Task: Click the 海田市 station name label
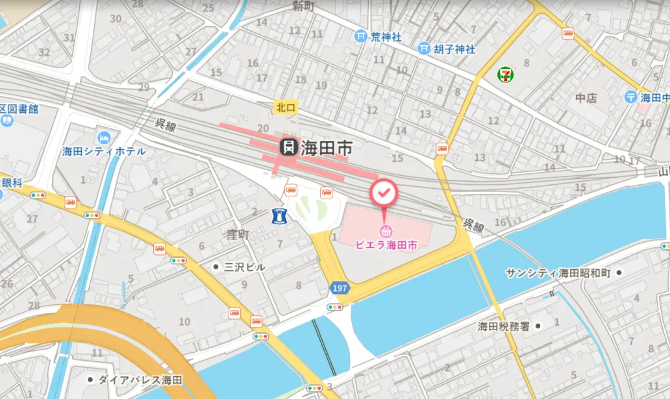pyautogui.click(x=327, y=148)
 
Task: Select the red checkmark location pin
pyautogui.click(x=383, y=192)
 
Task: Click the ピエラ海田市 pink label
pyautogui.click(x=386, y=245)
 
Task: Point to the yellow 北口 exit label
pyautogui.click(x=285, y=108)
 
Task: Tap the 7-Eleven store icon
pyautogui.click(x=504, y=75)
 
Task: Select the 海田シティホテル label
pyautogui.click(x=104, y=151)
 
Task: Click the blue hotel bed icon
pyautogui.click(x=104, y=138)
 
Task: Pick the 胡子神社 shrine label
pyautogui.click(x=454, y=49)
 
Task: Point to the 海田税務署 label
pyautogui.click(x=505, y=326)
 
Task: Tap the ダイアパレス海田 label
pyautogui.click(x=140, y=380)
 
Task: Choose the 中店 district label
pyautogui.click(x=586, y=98)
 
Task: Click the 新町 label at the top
pyautogui.click(x=303, y=6)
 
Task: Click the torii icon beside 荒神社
pyautogui.click(x=361, y=37)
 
